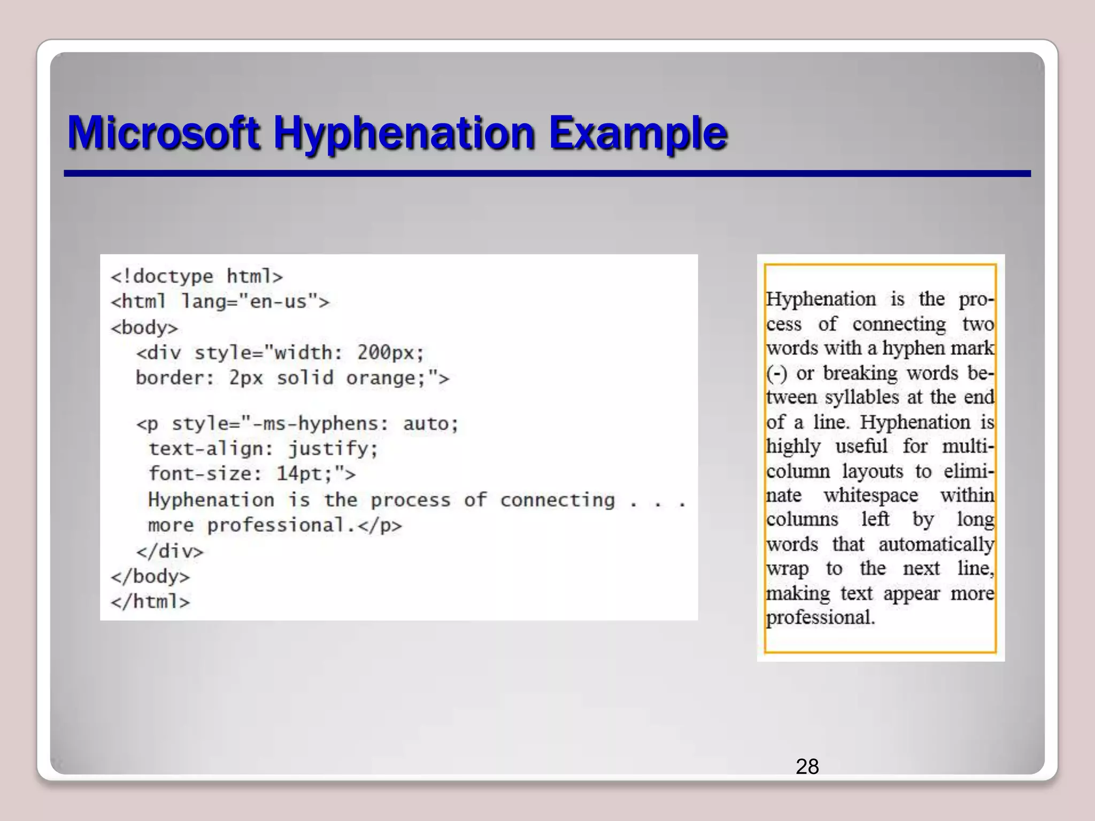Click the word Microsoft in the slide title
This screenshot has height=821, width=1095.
(164, 133)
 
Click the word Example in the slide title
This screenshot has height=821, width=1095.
(638, 133)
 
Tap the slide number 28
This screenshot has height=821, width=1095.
(807, 766)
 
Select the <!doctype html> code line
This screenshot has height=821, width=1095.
(196, 277)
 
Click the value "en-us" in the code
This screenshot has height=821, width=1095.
(279, 302)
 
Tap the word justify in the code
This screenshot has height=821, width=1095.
(333, 449)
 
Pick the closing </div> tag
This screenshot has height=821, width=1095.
(170, 551)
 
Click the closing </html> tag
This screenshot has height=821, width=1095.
(150, 602)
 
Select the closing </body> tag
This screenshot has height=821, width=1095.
(150, 577)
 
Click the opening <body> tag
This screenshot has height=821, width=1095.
(144, 328)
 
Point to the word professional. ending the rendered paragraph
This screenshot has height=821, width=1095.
(820, 618)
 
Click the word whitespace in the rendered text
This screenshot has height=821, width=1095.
(870, 495)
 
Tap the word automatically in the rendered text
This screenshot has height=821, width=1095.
(936, 545)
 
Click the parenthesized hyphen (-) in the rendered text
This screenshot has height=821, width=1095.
(776, 373)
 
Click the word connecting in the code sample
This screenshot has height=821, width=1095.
(557, 500)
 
